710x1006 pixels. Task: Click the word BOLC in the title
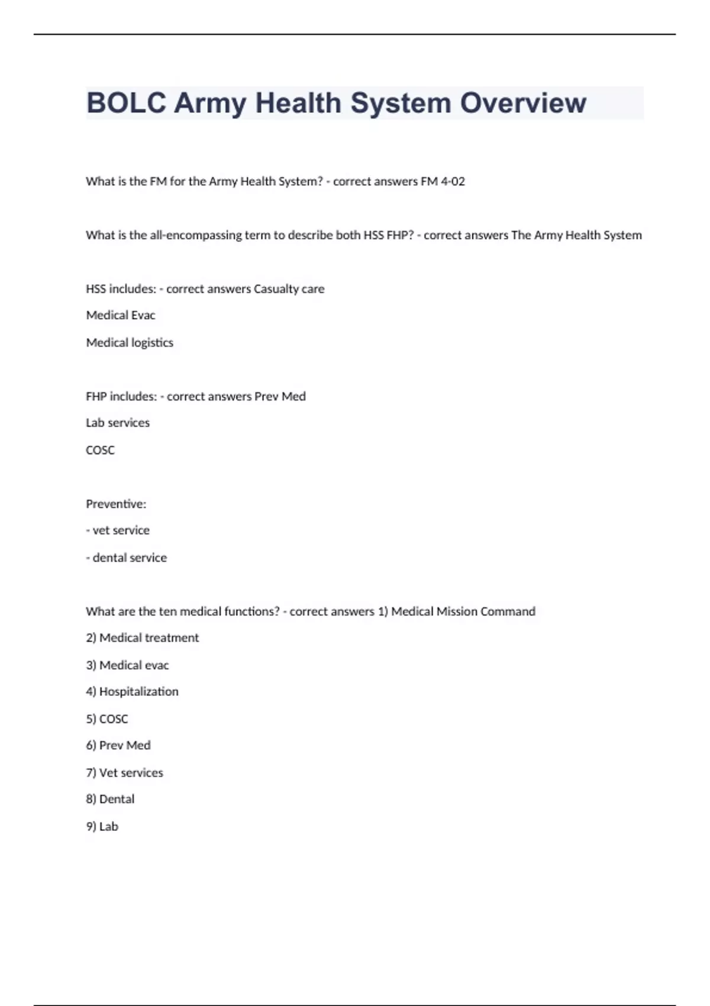pos(126,103)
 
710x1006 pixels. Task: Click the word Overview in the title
pos(523,103)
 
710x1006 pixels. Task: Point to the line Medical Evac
pos(121,315)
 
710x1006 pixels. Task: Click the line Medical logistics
pos(130,343)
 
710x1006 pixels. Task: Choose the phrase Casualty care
pos(289,289)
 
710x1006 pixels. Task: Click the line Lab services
pos(118,423)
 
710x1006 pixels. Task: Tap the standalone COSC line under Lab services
pos(100,450)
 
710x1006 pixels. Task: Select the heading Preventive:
pos(116,504)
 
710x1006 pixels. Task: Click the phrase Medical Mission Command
pos(463,612)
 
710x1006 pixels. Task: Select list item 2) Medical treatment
pos(143,638)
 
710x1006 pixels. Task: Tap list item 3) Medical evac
pos(127,666)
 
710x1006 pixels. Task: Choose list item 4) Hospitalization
pos(132,692)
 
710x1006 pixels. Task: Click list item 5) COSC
pos(107,719)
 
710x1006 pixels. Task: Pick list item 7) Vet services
pos(124,773)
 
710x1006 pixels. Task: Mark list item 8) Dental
pos(110,799)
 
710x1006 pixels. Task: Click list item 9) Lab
pos(102,827)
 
